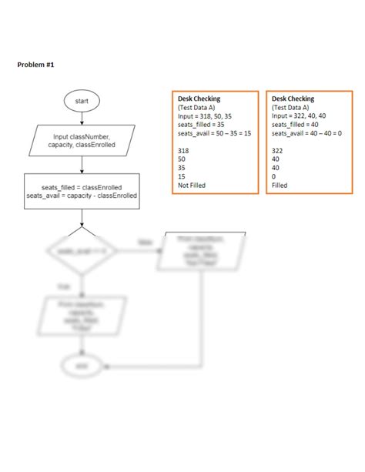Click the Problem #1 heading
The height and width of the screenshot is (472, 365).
35,65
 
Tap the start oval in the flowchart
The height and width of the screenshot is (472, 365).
81,101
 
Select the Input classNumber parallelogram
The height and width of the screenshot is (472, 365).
81,140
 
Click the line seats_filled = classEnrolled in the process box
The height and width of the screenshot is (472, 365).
82,186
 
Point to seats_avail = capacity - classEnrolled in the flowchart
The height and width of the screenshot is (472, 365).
82,196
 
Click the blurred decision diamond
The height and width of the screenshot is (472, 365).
81,251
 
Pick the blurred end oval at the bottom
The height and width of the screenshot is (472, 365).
81,366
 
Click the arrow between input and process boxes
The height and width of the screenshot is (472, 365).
81,163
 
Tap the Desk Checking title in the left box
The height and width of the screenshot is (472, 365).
199,99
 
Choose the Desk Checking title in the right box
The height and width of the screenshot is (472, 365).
293,99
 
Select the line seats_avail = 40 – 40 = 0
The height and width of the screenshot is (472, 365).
306,133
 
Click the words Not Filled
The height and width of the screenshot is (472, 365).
192,185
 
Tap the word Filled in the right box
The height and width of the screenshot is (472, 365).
280,185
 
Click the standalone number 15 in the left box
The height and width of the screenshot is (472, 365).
182,176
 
